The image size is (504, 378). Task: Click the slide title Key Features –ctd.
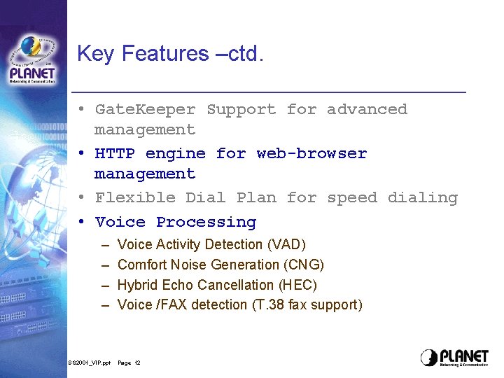170,54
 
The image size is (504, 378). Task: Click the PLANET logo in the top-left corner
33,62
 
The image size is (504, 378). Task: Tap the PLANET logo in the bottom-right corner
454,357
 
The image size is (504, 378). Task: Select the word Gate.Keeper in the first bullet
146,110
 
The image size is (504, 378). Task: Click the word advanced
367,110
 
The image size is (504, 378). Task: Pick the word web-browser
311,154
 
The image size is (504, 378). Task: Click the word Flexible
135,198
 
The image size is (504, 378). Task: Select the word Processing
206,223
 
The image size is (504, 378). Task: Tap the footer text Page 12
129,363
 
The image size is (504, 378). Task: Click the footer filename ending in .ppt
89,363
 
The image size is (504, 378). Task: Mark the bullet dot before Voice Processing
81,223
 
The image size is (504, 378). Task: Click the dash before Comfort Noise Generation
104,265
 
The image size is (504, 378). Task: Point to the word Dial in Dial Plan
206,198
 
